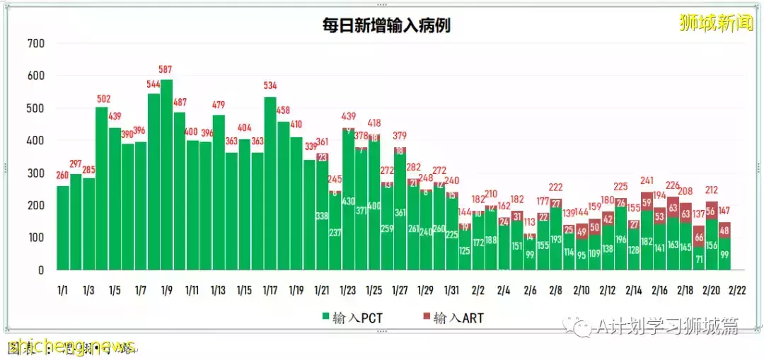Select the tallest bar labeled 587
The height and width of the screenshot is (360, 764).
166,177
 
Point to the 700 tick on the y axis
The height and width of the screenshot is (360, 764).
35,43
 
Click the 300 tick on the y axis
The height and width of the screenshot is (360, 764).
35,173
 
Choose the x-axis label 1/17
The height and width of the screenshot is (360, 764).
270,291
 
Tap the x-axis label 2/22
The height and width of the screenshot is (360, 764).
736,291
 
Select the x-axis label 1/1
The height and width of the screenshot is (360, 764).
63,291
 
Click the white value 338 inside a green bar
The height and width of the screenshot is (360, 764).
322,216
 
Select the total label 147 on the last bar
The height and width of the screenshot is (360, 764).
725,211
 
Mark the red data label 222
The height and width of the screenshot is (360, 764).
556,187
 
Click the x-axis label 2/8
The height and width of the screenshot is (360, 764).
556,291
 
